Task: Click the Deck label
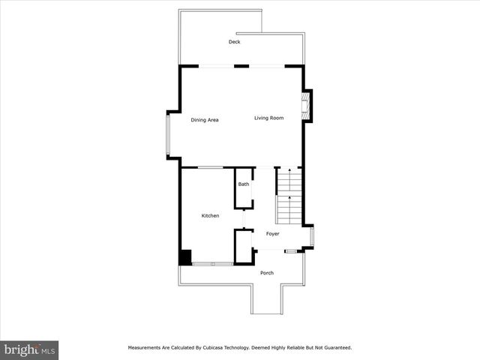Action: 234,42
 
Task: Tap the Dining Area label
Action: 204,120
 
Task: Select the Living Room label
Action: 268,118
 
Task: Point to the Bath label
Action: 244,184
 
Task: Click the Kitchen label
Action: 210,216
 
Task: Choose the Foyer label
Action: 272,234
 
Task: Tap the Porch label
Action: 267,273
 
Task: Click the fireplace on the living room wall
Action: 305,106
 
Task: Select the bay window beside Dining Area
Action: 169,135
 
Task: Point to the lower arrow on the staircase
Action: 289,200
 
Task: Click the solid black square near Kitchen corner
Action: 185,257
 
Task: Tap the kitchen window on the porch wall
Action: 212,264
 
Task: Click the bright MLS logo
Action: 30,350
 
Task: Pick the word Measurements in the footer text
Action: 145,348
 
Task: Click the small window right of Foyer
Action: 312,236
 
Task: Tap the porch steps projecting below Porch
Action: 267,300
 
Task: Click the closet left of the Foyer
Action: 243,246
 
